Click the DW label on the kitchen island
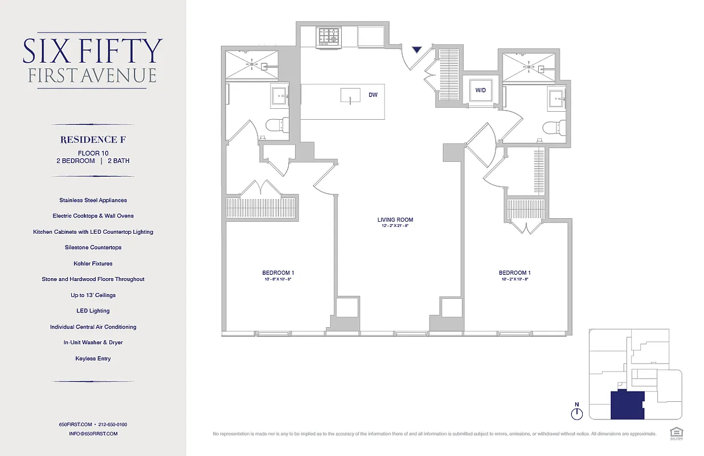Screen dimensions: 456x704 (373, 95)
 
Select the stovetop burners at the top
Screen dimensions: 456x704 (329, 36)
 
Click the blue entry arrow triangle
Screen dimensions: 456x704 (418, 50)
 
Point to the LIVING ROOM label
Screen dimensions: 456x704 (395, 220)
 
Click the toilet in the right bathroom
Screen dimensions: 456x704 (553, 127)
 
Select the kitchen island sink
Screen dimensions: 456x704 (350, 96)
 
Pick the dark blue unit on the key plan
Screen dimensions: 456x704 (626, 405)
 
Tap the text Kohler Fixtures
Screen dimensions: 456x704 (93, 263)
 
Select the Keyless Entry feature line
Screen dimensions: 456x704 (93, 359)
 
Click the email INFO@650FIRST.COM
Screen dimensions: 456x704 (93, 434)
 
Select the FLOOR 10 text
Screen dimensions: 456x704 (93, 153)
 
